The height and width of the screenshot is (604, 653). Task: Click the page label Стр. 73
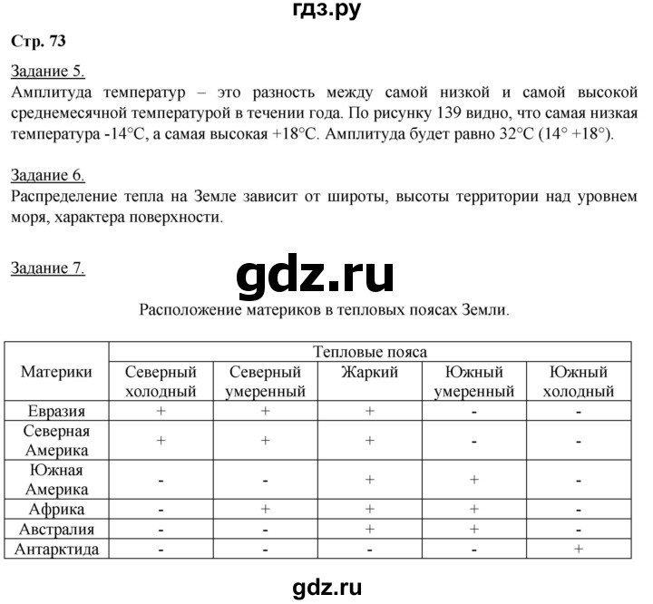point(37,40)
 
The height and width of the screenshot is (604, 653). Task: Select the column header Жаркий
point(369,372)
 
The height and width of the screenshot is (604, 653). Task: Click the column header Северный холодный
point(161,382)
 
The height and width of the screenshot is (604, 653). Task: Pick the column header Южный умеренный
point(473,382)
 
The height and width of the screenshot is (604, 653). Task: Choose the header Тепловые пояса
point(369,352)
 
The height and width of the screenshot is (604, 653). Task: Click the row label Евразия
point(57,411)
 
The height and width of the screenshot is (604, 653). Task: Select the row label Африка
point(57,509)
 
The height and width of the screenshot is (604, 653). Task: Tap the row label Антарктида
point(57,549)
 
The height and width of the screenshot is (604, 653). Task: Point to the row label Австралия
point(57,529)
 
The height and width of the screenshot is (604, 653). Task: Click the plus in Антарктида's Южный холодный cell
point(579,549)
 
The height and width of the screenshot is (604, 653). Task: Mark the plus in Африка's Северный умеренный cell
point(265,509)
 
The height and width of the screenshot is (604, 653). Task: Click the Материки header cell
point(57,372)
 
